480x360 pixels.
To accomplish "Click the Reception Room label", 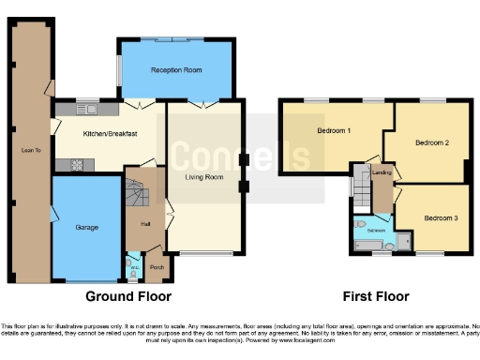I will click(176, 69).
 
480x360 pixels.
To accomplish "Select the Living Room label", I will click(203, 176).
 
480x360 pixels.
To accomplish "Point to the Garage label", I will click(87, 228).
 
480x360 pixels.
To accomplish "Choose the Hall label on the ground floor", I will click(145, 223).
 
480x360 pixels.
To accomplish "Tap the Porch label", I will click(157, 267).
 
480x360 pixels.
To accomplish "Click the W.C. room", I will click(135, 268).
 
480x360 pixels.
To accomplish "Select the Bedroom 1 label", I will click(333, 130).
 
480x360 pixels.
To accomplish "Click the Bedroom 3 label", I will click(441, 217).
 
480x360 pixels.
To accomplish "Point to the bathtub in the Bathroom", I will click(371, 247).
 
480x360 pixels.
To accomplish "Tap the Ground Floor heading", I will click(128, 296).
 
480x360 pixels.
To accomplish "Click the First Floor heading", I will click(375, 296).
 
